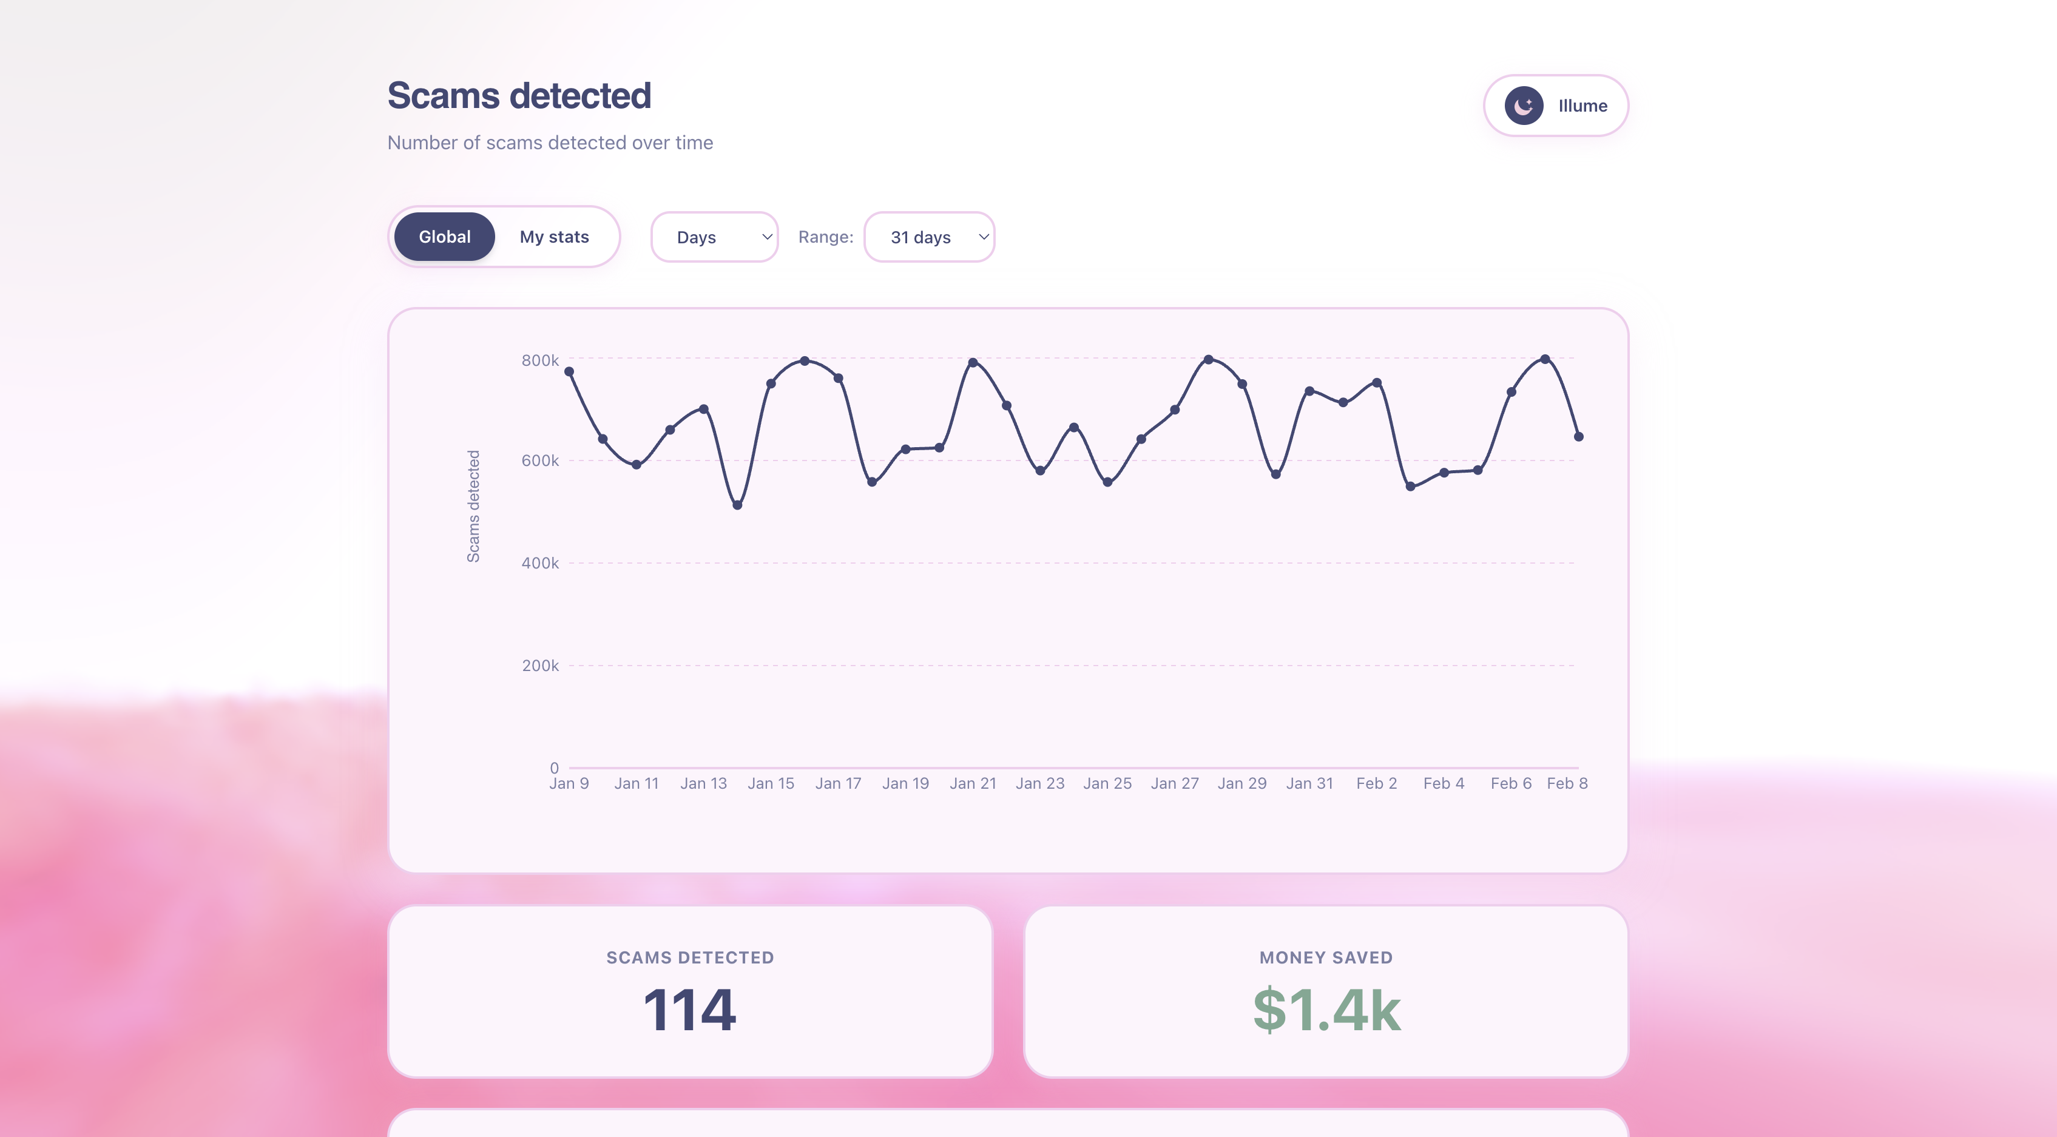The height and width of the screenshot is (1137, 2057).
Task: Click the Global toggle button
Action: (x=444, y=237)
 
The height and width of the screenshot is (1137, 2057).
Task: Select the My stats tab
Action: (x=554, y=237)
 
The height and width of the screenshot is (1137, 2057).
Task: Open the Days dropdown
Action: (x=714, y=237)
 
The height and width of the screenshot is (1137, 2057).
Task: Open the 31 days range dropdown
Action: (x=929, y=237)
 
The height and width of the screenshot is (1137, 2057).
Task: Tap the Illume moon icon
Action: (x=1524, y=106)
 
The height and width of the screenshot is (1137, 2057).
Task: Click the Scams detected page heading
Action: (x=519, y=96)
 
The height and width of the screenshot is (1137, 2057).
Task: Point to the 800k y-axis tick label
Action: (x=540, y=360)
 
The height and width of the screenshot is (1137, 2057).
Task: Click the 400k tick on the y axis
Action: (x=540, y=563)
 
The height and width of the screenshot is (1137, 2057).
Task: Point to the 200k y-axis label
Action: (x=540, y=665)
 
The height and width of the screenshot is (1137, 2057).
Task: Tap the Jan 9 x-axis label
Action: (x=569, y=783)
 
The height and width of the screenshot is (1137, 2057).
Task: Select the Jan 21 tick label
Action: (x=973, y=783)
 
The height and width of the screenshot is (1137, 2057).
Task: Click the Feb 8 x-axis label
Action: (x=1567, y=783)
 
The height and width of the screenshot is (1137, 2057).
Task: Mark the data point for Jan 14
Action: (x=737, y=505)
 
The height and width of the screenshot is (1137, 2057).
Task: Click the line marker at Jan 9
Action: (x=569, y=371)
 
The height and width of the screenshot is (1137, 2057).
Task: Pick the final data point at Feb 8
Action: (x=1579, y=437)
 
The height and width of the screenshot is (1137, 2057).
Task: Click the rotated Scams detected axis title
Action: (x=473, y=506)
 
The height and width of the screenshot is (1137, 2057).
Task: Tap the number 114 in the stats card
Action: (x=689, y=1010)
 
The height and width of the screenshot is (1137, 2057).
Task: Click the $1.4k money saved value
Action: (x=1326, y=1010)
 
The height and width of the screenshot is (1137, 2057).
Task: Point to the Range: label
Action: (x=826, y=237)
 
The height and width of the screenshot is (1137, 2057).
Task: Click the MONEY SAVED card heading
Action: (x=1326, y=957)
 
